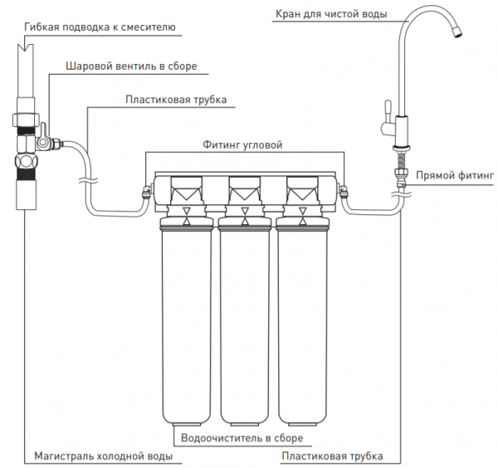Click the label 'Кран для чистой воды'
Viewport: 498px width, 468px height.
point(331,14)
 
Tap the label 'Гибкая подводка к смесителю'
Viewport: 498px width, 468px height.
point(100,27)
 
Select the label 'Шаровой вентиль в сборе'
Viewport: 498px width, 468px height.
point(131,66)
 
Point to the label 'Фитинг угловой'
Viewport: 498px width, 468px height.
point(242,144)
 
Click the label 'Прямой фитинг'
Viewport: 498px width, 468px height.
point(455,175)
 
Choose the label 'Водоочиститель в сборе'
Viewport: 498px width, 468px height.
point(242,438)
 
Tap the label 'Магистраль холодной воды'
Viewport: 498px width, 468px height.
point(104,456)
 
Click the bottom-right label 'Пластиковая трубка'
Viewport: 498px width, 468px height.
point(332,456)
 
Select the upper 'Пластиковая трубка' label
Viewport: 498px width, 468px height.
point(176,100)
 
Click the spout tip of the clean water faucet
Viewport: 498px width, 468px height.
point(457,32)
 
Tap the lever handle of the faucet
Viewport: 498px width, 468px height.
point(388,111)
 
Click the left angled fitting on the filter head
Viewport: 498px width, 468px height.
point(147,192)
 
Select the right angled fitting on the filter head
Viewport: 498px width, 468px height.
point(343,192)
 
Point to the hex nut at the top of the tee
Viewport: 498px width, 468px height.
point(27,119)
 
